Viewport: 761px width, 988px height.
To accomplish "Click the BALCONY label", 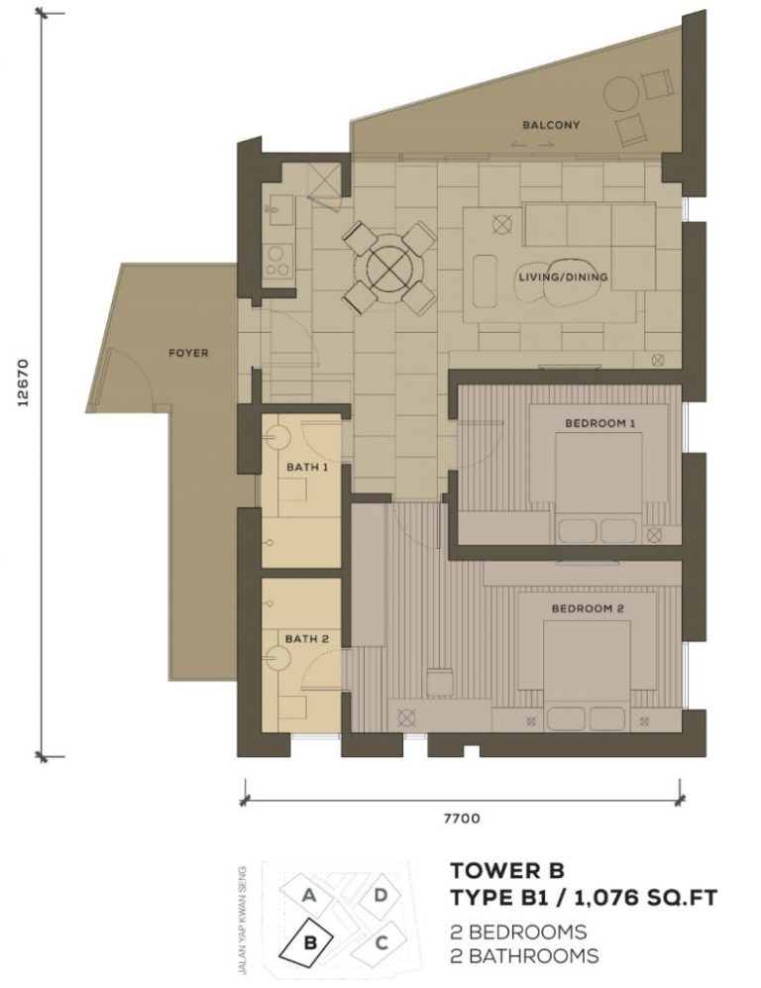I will [x=551, y=126].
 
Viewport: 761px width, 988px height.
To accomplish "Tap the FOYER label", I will [x=187, y=353].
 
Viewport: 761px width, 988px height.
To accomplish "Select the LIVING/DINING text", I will [x=563, y=277].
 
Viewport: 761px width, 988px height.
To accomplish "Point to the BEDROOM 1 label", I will [x=599, y=423].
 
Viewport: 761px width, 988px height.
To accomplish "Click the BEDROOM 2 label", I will [x=588, y=608].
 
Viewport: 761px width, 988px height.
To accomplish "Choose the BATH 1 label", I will [x=306, y=466].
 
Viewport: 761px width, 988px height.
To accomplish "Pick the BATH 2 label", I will [x=306, y=639].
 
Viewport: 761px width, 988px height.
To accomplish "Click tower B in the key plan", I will [x=309, y=942].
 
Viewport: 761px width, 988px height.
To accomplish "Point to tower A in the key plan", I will [x=310, y=896].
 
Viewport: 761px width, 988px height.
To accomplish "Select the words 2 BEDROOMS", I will [x=518, y=933].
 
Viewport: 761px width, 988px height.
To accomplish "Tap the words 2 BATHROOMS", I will [x=524, y=956].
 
